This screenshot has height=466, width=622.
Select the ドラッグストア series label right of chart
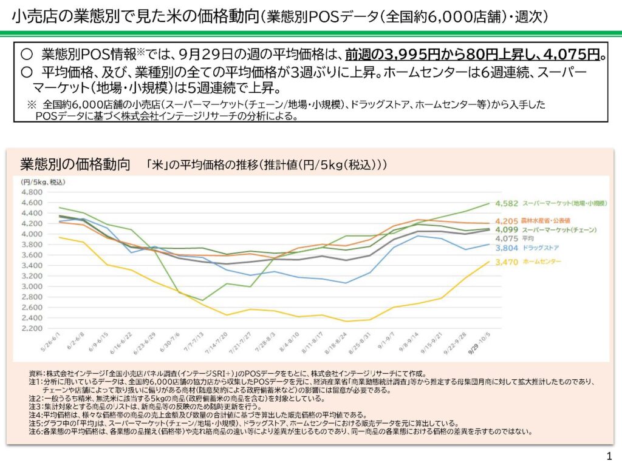[540, 248]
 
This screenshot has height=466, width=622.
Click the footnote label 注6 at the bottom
[35, 432]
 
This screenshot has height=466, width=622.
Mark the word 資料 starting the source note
[36, 374]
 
